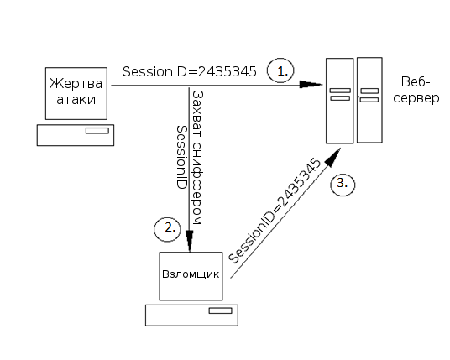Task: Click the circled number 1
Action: point(280,70)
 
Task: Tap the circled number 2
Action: point(168,229)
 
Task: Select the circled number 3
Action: point(343,185)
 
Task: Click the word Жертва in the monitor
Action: point(76,83)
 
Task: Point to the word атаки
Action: point(76,100)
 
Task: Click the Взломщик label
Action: point(191,274)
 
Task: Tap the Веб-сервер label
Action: point(416,90)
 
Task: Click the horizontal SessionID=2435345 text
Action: point(190,71)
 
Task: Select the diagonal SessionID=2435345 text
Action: point(275,211)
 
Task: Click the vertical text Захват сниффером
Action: point(197,158)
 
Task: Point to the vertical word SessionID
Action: point(181,157)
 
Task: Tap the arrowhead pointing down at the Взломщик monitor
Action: point(190,241)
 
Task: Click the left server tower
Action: point(339,101)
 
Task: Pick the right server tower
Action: point(369,100)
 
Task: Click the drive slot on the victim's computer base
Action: point(97,131)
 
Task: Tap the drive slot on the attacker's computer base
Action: point(221,310)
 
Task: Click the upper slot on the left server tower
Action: point(340,91)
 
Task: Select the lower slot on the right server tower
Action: point(369,100)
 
